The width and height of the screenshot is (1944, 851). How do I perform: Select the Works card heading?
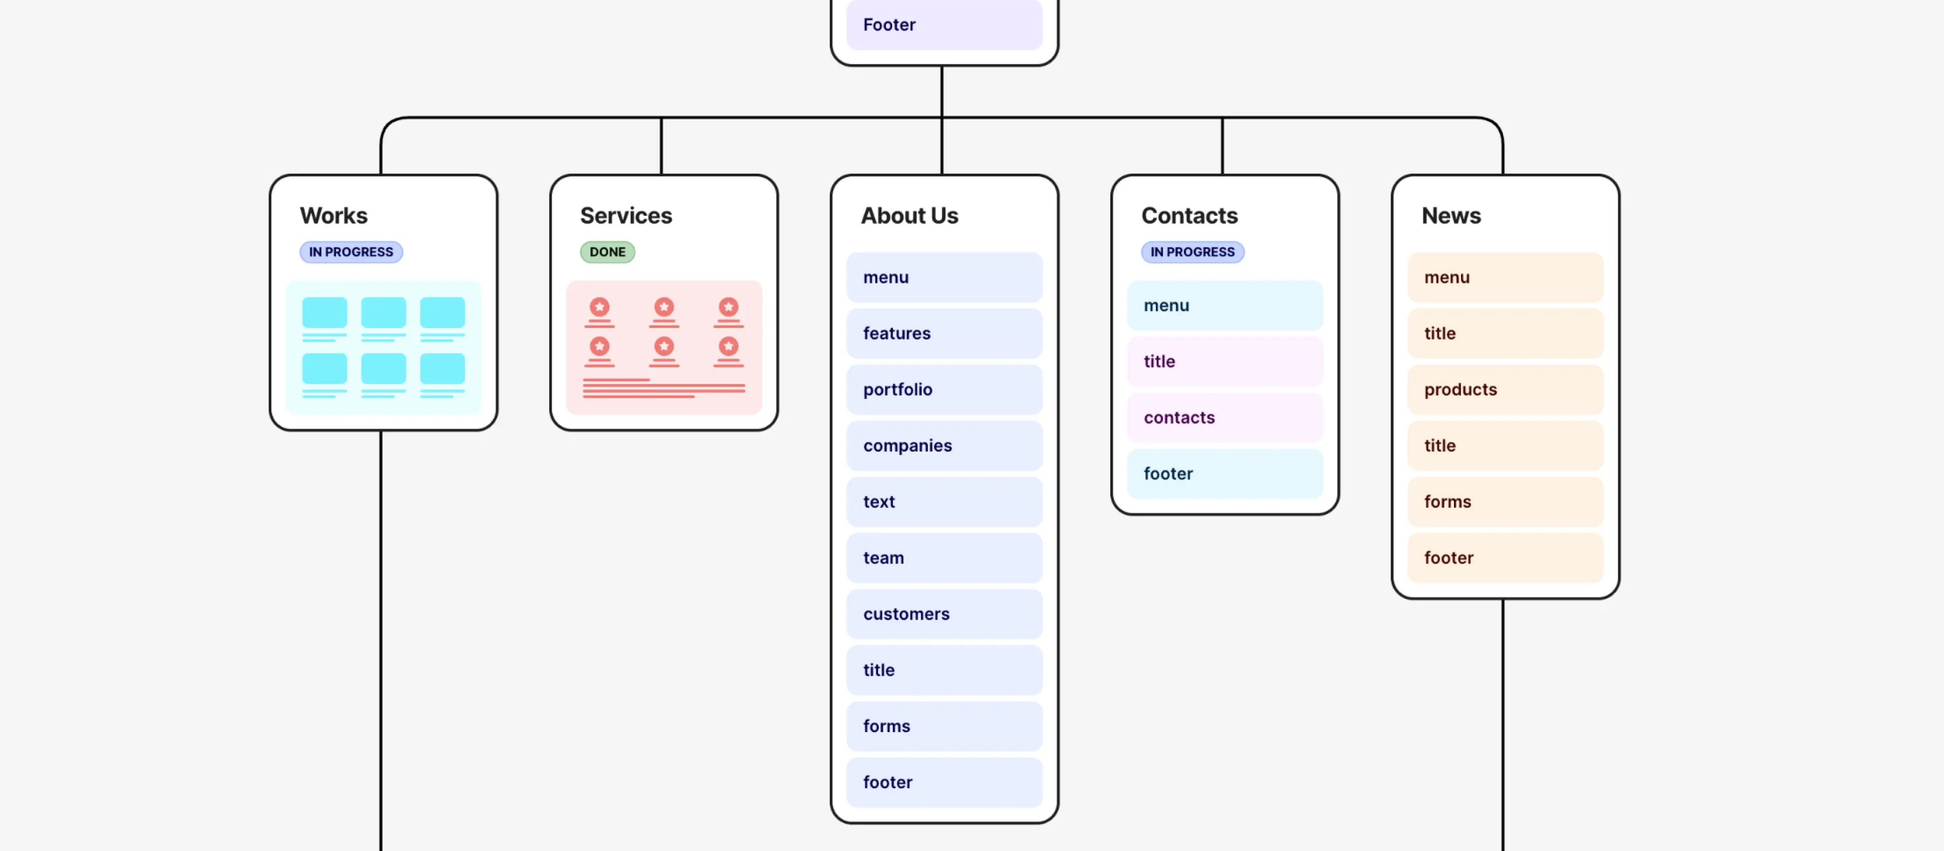coord(334,216)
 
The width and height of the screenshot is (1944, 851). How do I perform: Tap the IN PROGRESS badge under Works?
coord(351,252)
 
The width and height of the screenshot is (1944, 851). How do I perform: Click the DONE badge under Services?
coord(607,252)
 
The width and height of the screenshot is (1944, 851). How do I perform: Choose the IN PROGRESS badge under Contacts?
coord(1192,252)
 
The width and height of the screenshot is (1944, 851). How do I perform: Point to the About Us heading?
coord(909,216)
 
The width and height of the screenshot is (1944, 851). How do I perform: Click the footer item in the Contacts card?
coord(1224,474)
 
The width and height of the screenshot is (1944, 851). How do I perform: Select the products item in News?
coord(1505,389)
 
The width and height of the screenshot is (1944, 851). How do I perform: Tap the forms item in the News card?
coord(1505,502)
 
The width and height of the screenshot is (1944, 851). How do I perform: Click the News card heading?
coord(1450,216)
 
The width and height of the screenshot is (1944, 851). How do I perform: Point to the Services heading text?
coord(626,216)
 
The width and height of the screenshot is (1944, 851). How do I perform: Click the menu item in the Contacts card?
coord(1224,306)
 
